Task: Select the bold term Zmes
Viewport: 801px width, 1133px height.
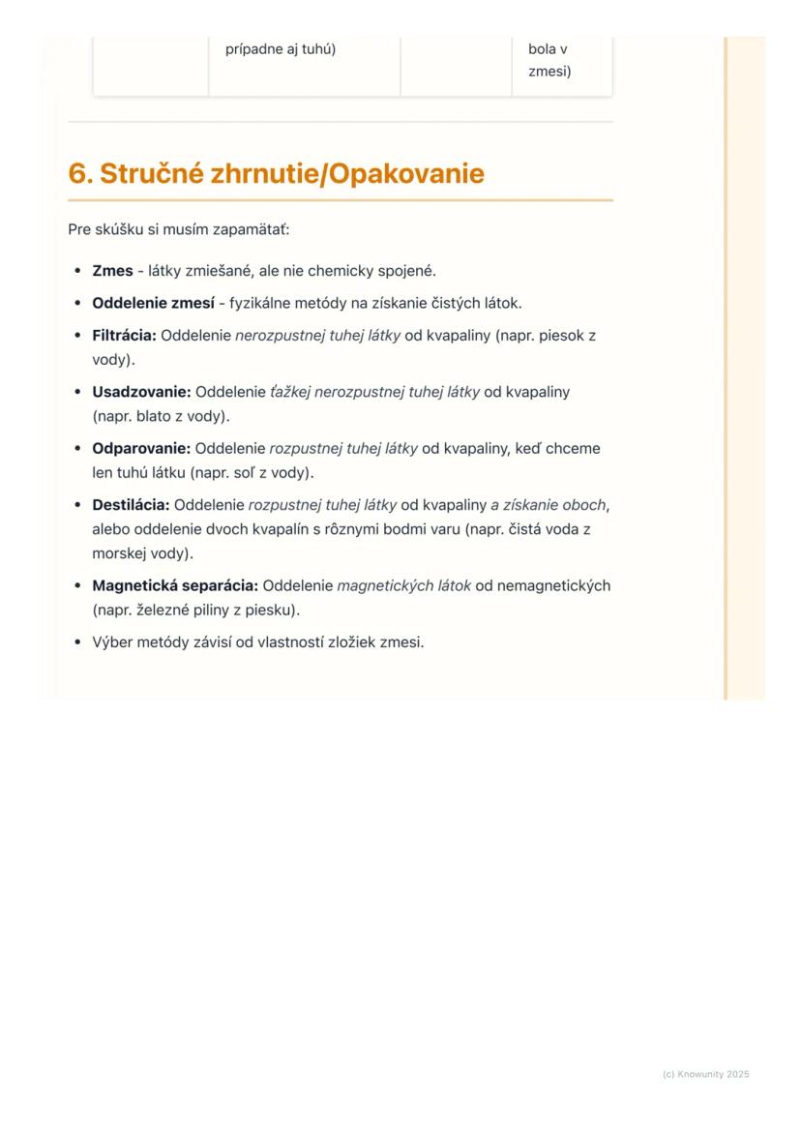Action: tap(112, 271)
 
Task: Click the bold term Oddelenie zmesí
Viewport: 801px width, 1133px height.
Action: tap(153, 303)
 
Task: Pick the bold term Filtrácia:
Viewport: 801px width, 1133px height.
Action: tap(124, 336)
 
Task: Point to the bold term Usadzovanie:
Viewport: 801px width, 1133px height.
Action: tap(141, 392)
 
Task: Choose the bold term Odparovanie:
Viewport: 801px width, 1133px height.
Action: tap(141, 449)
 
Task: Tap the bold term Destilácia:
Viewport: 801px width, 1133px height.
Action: tap(131, 505)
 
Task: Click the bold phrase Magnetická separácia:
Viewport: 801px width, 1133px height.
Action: tap(175, 585)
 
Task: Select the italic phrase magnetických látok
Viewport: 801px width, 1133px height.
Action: tap(403, 585)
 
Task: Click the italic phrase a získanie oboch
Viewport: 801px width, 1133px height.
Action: tap(549, 505)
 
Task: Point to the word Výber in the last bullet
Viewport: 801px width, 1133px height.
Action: tap(112, 641)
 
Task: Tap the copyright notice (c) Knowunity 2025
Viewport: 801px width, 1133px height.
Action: tap(705, 1074)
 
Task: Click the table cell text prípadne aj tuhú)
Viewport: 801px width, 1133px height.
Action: tap(280, 48)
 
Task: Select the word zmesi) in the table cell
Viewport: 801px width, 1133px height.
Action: tap(549, 71)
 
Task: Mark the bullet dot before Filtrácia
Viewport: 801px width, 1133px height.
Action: tap(77, 336)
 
